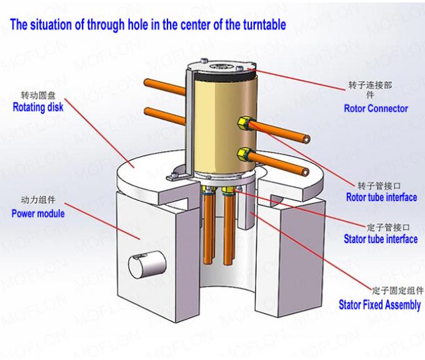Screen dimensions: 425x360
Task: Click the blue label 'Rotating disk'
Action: coord(38,107)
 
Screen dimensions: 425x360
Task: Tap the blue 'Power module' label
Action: coord(38,214)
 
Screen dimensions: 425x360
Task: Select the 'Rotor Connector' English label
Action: coord(376,108)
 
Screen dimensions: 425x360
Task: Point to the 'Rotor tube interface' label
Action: coord(382,197)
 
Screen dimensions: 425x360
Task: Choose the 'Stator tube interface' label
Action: coord(381,239)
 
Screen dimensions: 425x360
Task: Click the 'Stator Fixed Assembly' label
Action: coord(380,305)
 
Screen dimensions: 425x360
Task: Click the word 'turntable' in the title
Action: coord(264,24)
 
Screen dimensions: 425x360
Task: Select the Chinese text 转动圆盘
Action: coord(38,95)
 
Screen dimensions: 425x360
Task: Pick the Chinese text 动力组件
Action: coord(38,200)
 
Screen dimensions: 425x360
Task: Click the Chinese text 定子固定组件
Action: coord(397,291)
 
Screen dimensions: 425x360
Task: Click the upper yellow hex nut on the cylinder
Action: coord(242,124)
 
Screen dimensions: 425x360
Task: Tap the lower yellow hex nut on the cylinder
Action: coord(242,154)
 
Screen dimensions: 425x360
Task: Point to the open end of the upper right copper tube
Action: coord(306,139)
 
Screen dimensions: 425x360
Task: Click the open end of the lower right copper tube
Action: coord(305,171)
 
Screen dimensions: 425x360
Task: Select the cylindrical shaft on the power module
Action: coord(147,265)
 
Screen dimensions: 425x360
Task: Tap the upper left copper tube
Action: coord(165,87)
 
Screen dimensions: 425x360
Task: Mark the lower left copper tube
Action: coord(165,116)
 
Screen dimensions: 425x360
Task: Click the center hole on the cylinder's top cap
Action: coord(220,66)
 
